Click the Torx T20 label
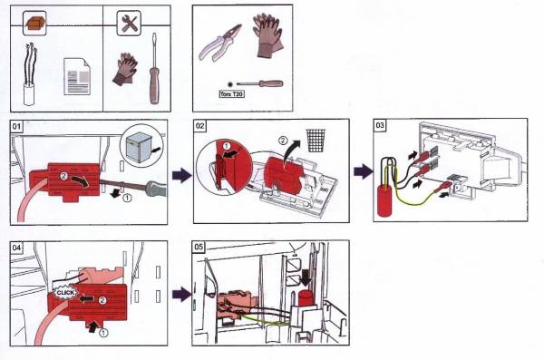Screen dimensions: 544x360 point(232,93)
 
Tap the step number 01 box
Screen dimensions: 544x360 point(16,126)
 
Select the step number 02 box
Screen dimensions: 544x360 point(199,126)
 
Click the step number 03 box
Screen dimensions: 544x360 point(380,125)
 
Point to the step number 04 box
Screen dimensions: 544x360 point(16,248)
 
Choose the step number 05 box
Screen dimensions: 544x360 point(199,247)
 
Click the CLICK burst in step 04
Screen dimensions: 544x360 point(65,293)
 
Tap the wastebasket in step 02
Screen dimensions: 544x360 point(316,141)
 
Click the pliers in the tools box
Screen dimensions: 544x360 point(219,43)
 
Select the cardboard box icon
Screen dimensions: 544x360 point(34,24)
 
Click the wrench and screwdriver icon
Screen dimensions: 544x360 point(129,23)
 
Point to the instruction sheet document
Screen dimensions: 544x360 point(77,77)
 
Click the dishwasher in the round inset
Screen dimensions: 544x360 point(140,148)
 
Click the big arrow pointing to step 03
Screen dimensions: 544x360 point(364,171)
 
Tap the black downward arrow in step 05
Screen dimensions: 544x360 point(306,277)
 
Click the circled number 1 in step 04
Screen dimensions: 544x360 point(103,333)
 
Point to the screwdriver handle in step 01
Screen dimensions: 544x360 point(156,188)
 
